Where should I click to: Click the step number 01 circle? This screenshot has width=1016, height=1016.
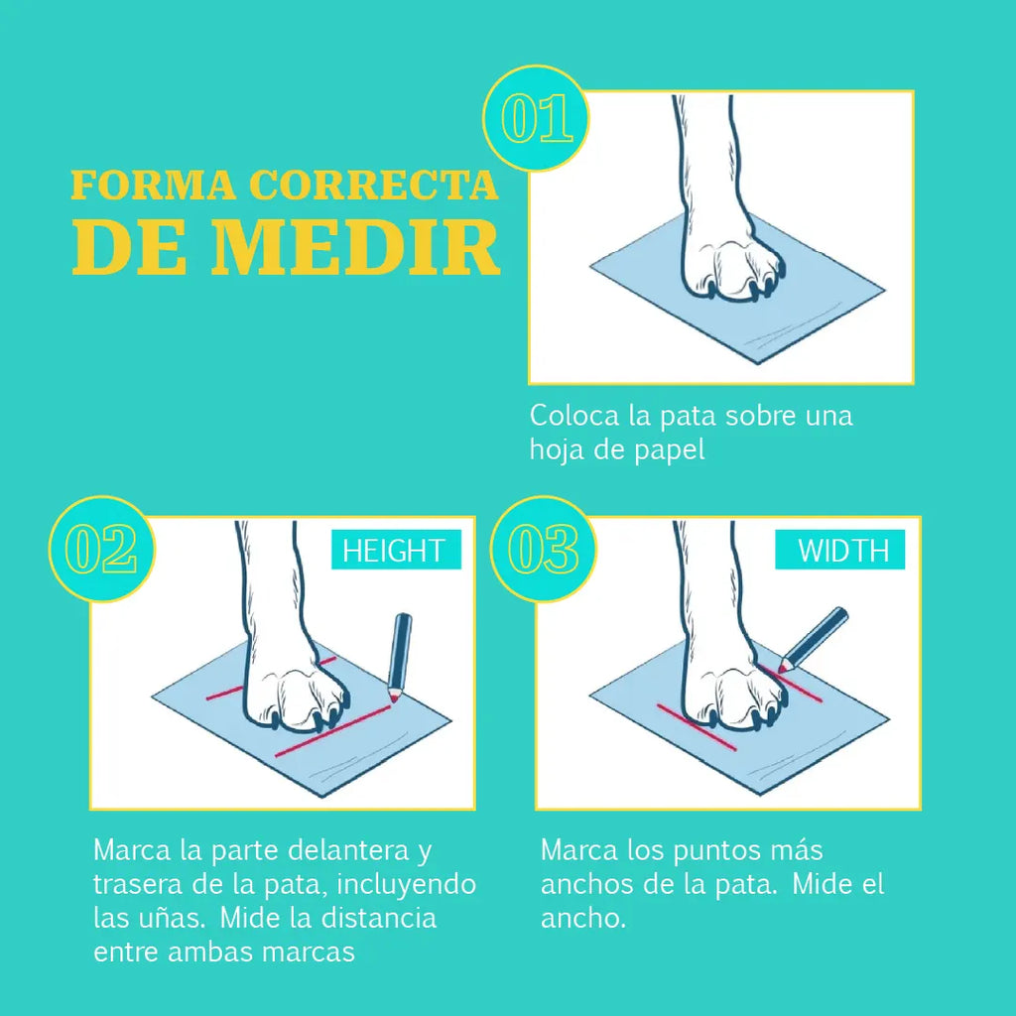[x=536, y=119]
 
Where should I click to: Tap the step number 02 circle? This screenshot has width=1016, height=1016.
[x=102, y=550]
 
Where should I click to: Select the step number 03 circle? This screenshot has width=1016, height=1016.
[x=543, y=550]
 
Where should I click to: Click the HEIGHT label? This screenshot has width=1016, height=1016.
[x=396, y=550]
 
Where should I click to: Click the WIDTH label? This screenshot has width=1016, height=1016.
[x=839, y=550]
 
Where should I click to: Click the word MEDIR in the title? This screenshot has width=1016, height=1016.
[x=355, y=247]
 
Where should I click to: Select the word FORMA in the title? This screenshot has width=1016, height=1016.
[x=154, y=185]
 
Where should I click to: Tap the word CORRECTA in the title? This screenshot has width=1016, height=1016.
[x=374, y=185]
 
